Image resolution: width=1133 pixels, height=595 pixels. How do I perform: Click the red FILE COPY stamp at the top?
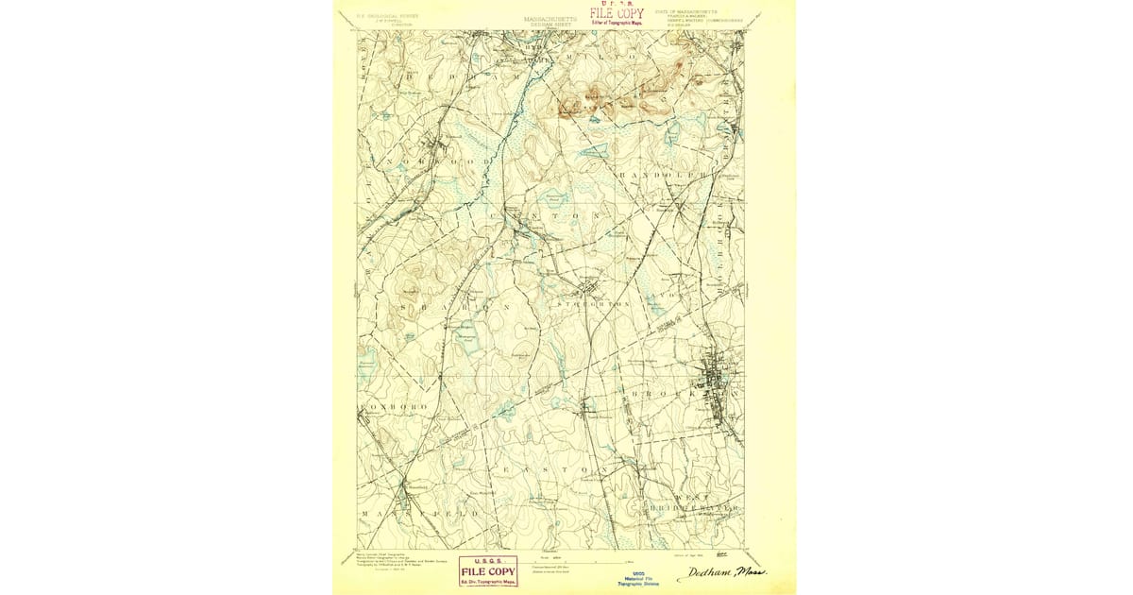coord(616,13)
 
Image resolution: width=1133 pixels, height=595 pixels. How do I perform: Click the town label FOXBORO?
coord(383,406)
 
